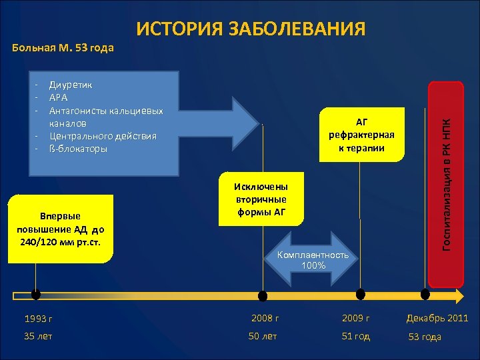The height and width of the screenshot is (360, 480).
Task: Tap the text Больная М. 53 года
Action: [x=64, y=47]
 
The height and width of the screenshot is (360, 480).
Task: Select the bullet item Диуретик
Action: [x=71, y=85]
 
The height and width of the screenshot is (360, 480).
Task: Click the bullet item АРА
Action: [x=59, y=98]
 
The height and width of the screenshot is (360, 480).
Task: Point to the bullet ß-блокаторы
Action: [x=78, y=149]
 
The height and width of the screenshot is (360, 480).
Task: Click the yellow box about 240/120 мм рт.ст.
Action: [x=59, y=229]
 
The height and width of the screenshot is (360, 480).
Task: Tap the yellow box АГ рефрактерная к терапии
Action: [x=362, y=134]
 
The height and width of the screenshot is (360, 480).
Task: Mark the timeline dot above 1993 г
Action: [x=35, y=295]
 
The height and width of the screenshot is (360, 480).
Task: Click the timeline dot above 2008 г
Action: [x=263, y=295]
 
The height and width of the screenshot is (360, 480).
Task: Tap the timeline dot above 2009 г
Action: [x=361, y=294]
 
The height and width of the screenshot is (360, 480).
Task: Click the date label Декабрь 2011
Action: [x=437, y=318]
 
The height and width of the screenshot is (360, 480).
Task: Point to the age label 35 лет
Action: [x=38, y=336]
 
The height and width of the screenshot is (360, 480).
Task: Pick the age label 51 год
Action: [x=355, y=336]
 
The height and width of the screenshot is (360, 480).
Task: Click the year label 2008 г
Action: [x=265, y=318]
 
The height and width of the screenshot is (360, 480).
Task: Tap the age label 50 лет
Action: [x=263, y=336]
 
